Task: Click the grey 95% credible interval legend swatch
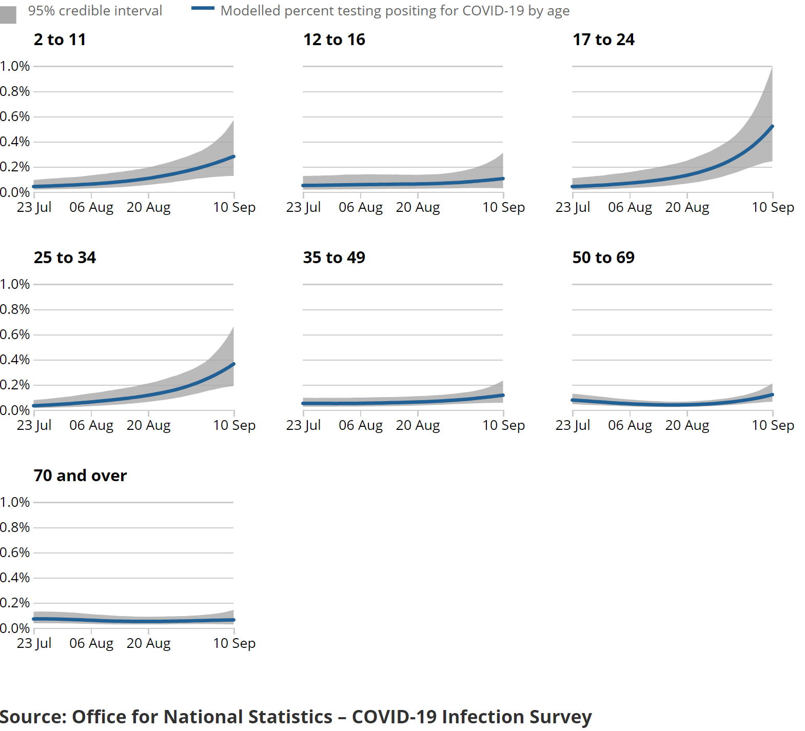[8, 14]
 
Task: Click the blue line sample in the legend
[202, 8]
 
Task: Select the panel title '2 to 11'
[60, 39]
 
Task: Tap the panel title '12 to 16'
[334, 39]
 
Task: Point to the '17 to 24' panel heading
[603, 39]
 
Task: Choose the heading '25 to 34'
[65, 258]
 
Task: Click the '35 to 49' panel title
[334, 258]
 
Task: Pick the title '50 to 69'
[603, 258]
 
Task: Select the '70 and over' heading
[80, 476]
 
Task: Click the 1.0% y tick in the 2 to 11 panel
[14, 66]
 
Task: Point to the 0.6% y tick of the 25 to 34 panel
[14, 334]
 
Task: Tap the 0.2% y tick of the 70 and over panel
[14, 603]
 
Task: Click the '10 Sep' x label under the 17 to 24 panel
[773, 207]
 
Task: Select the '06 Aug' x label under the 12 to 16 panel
[361, 207]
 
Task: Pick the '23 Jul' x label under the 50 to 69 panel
[573, 425]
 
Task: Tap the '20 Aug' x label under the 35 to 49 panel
[418, 425]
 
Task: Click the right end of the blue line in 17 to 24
[772, 127]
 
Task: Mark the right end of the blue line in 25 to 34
[233, 364]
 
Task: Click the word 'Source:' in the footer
[33, 717]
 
